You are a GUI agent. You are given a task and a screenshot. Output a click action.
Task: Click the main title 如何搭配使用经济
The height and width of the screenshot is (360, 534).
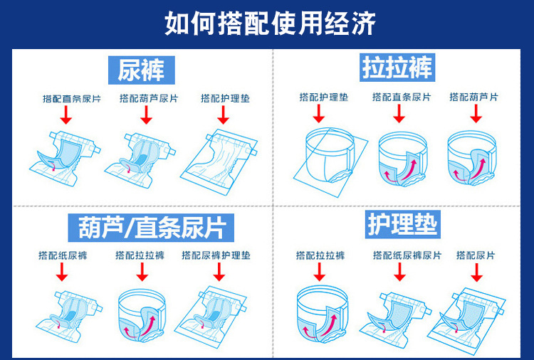click(x=270, y=23)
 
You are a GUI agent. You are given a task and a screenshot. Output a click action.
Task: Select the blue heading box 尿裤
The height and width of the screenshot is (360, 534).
click(x=142, y=70)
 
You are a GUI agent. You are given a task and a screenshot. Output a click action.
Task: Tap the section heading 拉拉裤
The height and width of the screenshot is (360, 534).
click(x=397, y=68)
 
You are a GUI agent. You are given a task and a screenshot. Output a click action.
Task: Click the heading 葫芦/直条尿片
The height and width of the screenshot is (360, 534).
click(x=151, y=228)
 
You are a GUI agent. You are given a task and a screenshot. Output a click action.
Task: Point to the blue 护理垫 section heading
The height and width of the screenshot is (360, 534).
click(x=403, y=224)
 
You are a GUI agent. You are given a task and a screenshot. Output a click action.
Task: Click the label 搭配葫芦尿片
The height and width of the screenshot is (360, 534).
click(x=149, y=98)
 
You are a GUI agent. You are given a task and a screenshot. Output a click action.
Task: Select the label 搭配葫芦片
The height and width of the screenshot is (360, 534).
click(x=473, y=97)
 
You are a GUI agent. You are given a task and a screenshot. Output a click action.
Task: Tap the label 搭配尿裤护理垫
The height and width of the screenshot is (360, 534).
click(x=216, y=255)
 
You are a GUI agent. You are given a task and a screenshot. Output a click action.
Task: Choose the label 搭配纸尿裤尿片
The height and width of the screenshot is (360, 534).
click(x=407, y=255)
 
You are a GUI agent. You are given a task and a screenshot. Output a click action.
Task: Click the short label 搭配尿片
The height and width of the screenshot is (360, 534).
click(x=476, y=255)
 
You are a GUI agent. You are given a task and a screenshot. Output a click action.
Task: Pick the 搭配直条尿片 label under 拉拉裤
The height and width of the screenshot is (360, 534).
click(x=402, y=97)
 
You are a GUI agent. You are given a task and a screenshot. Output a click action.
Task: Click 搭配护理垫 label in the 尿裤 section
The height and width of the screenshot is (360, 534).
click(x=225, y=98)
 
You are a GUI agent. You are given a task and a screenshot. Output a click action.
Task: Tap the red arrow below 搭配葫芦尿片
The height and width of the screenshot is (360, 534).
click(x=146, y=115)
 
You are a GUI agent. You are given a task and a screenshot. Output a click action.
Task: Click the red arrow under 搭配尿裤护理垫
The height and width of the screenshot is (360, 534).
click(x=219, y=272)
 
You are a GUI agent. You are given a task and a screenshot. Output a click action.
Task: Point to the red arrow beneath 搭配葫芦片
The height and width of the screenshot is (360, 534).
click(x=476, y=114)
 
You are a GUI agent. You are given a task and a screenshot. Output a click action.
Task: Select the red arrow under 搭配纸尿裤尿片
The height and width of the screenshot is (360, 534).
click(x=399, y=272)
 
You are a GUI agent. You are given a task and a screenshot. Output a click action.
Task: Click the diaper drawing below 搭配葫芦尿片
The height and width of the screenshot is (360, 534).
click(x=140, y=159)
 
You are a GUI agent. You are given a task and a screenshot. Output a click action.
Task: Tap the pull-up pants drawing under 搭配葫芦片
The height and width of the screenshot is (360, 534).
click(x=472, y=158)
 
